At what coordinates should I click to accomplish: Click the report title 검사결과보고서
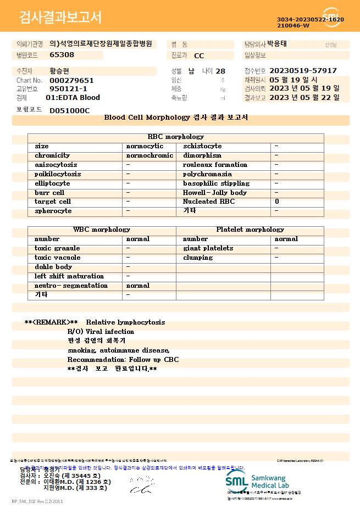click(60, 18)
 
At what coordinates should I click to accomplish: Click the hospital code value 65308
click(62, 55)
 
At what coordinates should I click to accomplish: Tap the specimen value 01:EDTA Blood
click(73, 98)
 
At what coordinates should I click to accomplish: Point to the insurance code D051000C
click(69, 110)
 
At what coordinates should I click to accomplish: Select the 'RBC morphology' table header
click(176, 137)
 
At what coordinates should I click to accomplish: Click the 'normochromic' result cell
click(149, 155)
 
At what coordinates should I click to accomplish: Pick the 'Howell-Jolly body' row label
click(215, 193)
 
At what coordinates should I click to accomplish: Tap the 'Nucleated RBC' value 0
click(277, 202)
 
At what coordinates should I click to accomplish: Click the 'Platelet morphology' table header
click(250, 230)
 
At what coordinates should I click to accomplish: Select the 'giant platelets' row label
click(208, 248)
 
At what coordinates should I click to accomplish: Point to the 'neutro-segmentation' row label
click(71, 286)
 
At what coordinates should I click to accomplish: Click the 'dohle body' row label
click(53, 267)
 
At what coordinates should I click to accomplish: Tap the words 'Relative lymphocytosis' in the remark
click(125, 322)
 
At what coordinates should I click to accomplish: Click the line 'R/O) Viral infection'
click(101, 332)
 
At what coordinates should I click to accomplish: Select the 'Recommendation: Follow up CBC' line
click(123, 360)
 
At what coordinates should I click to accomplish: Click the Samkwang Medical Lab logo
click(264, 481)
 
